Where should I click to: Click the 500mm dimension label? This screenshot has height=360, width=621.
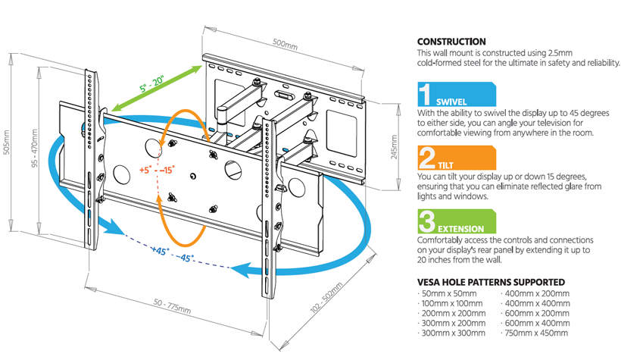coord(286,44)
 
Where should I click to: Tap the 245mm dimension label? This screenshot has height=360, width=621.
coord(394,147)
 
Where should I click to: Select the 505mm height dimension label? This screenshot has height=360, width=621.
coord(7,142)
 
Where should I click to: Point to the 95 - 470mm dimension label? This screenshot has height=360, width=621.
coord(34,148)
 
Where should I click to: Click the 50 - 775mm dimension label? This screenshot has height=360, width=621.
coord(172,306)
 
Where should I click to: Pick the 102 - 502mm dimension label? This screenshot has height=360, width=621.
coord(326,298)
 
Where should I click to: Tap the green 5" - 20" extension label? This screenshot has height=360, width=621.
coord(151,83)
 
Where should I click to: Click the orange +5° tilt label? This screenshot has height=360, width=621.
coord(145,170)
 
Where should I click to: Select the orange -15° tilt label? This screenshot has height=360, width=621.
coord(167,170)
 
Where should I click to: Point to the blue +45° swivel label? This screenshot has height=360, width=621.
coord(161,251)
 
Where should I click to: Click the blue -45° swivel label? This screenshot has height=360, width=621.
coord(185,258)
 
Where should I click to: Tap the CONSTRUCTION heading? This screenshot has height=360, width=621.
coord(451,42)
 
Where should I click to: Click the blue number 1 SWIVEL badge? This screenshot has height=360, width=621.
coord(457,94)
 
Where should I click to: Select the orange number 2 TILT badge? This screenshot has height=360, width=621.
coord(457,158)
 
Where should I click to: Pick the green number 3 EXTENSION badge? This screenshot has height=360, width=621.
coord(457,221)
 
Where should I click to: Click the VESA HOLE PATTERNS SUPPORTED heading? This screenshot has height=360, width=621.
coord(491,282)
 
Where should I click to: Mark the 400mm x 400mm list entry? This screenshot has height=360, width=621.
coord(535,304)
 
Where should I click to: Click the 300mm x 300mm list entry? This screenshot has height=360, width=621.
coord(451,333)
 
